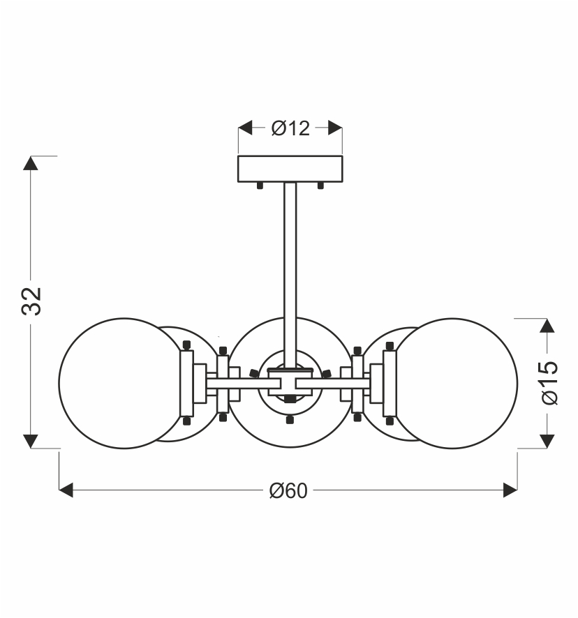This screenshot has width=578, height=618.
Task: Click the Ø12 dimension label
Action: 290,128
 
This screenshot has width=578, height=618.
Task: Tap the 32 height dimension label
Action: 31,301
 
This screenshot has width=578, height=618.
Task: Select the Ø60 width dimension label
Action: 288,491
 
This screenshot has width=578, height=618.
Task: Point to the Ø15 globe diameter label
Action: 549,382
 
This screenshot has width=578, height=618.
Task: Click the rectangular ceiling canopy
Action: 290,169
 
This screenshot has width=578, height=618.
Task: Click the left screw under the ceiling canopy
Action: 260,186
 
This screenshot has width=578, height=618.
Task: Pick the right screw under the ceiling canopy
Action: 320,186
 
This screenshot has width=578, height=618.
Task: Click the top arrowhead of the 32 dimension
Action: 31,163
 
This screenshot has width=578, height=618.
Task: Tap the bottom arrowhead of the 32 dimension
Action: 31,442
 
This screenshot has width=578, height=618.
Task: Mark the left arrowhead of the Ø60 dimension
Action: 66,490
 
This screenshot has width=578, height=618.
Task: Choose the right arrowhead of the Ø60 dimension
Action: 510,490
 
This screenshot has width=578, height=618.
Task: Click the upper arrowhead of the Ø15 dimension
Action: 547,326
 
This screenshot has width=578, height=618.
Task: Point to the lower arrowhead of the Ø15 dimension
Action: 547,442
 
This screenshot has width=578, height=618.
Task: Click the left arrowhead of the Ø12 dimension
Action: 245,128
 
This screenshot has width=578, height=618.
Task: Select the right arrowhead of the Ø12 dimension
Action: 335,128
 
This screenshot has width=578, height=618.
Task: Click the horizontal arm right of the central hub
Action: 334,383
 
